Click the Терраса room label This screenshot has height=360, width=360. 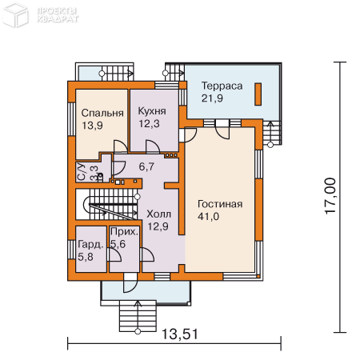(222, 86)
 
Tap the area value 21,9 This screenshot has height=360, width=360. (212, 98)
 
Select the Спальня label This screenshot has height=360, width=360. (102, 113)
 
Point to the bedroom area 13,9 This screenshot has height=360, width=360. (92, 126)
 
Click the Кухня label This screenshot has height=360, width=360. (152, 111)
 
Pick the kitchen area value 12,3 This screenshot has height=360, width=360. (149, 124)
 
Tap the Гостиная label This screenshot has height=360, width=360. (220, 204)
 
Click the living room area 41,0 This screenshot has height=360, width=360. (208, 217)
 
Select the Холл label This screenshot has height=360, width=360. (159, 214)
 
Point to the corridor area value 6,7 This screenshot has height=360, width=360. (146, 167)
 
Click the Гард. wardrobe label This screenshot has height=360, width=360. (90, 245)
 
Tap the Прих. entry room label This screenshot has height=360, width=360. (125, 231)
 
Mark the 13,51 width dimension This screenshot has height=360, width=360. (180, 334)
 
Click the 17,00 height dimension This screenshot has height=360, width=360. (330, 196)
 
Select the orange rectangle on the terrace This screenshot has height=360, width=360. (258, 94)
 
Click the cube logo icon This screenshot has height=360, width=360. (15, 14)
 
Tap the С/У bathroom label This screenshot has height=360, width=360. (82, 172)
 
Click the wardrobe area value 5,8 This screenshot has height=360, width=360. (86, 257)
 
